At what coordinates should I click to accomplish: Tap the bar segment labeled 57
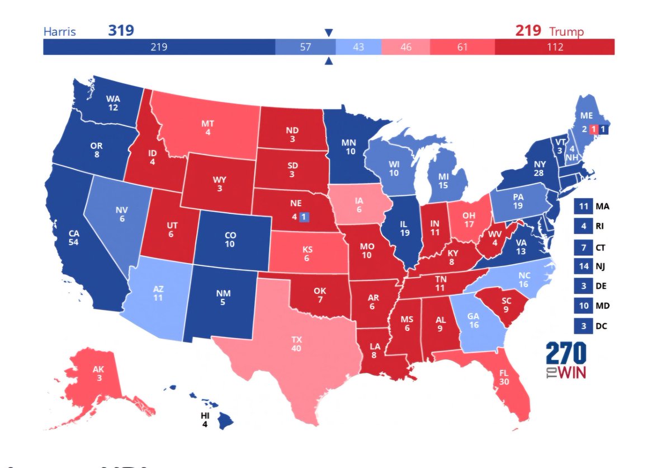click(305, 47)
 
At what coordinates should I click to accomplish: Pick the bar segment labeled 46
click(405, 47)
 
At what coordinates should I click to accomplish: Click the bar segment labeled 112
click(554, 47)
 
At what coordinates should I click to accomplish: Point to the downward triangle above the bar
click(329, 32)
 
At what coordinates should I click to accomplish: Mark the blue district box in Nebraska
click(304, 217)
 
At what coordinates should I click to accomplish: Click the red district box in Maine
click(594, 129)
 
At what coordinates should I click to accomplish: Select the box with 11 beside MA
click(583, 206)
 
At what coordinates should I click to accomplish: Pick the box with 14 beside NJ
click(583, 266)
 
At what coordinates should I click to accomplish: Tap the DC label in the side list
click(600, 326)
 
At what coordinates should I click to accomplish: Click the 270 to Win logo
click(566, 360)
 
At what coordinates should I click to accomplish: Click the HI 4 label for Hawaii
click(205, 420)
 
